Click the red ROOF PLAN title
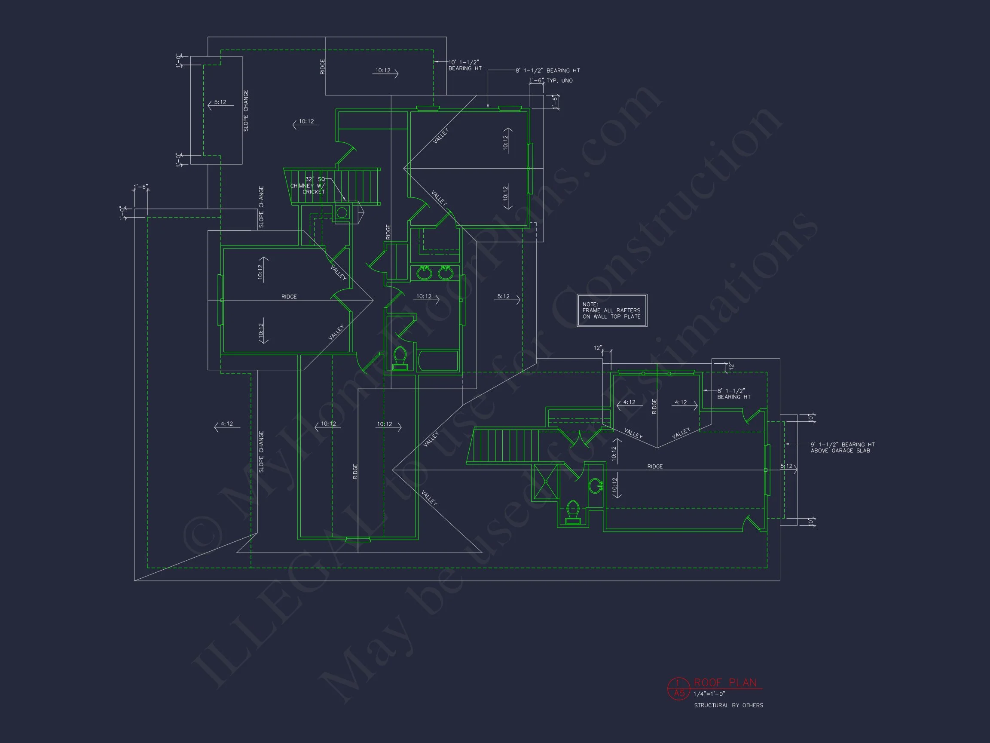click(x=724, y=682)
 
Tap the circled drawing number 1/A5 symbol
click(x=679, y=688)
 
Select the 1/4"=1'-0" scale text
click(x=709, y=694)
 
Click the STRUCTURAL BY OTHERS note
click(x=728, y=706)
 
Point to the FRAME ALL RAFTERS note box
click(x=611, y=310)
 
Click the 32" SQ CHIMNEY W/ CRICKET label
click(x=309, y=185)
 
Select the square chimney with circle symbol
click(x=342, y=212)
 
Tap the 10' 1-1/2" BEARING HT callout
click(x=465, y=65)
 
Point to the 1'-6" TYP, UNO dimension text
click(x=551, y=80)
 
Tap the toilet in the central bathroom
click(x=400, y=357)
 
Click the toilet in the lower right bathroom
click(x=573, y=511)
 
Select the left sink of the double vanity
click(x=423, y=273)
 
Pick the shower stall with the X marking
click(x=546, y=482)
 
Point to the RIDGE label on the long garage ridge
click(x=654, y=467)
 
